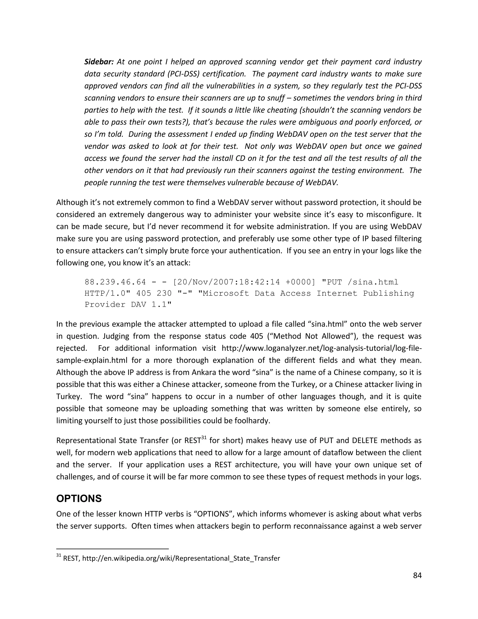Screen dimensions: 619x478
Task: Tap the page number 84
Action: click(x=417, y=575)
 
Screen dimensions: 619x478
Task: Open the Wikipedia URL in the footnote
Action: click(x=181, y=558)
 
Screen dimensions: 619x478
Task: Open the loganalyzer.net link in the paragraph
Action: click(x=321, y=348)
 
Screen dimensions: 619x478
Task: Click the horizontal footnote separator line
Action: click(x=112, y=548)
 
